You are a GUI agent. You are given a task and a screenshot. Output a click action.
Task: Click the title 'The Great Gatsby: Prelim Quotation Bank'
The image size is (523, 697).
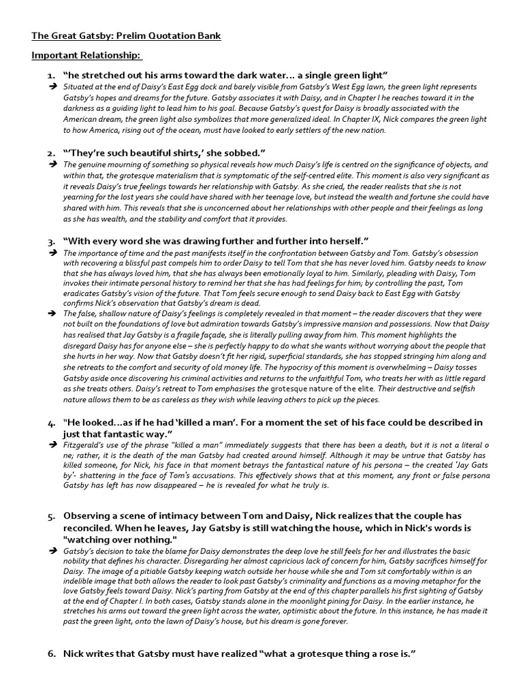[126, 35]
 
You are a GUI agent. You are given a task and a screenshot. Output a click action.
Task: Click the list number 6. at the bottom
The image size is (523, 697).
[51, 653]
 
